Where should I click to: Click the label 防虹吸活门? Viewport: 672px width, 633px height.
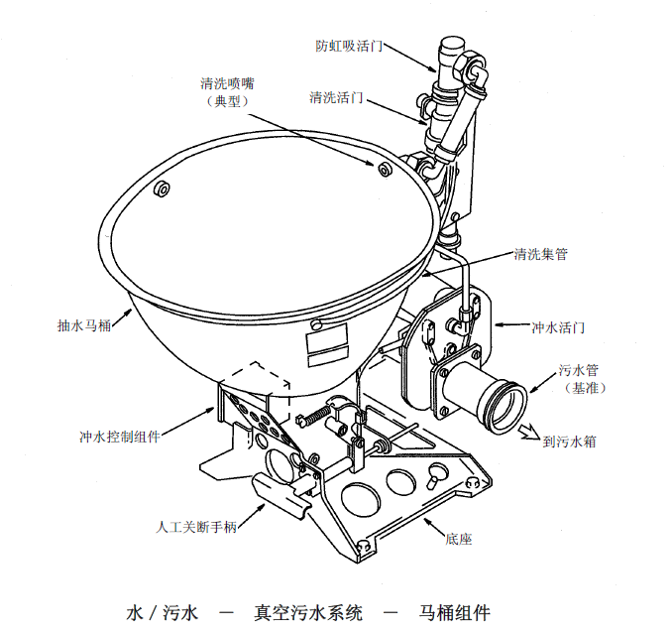349,46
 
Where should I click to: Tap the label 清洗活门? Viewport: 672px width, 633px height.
336,97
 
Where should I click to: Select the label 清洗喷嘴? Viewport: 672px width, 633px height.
227,82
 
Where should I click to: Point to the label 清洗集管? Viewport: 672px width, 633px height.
541,254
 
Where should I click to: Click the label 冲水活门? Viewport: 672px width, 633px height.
558,327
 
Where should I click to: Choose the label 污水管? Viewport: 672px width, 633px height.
579,369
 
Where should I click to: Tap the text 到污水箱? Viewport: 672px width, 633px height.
569,442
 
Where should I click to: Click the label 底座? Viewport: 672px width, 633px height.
459,539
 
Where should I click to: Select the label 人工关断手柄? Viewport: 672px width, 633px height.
196,527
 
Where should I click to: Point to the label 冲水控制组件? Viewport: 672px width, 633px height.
120,437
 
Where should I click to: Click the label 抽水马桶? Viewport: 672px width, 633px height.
84,325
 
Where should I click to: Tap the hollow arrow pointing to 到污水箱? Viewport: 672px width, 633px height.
528,432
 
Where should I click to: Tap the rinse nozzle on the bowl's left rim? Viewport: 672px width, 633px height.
162,189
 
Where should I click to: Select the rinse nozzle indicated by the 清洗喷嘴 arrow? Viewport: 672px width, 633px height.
385,169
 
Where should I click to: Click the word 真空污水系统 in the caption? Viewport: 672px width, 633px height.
308,612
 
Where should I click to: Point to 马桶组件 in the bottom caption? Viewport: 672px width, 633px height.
454,612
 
